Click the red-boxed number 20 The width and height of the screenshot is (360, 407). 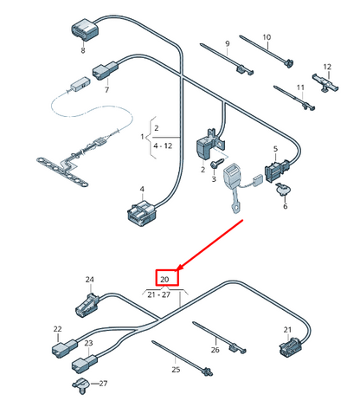click(x=164, y=280)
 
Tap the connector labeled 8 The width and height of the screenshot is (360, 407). click(x=85, y=29)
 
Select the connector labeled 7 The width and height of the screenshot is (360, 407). click(x=105, y=70)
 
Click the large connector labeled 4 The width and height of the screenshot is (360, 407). click(x=141, y=213)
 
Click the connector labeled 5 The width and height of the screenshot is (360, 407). click(x=276, y=171)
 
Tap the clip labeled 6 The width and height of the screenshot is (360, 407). click(x=283, y=189)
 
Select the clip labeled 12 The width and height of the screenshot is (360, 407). click(x=325, y=82)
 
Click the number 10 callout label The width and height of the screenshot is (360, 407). click(x=267, y=37)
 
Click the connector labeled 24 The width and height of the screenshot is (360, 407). click(x=87, y=305)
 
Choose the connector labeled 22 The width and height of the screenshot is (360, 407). click(x=65, y=347)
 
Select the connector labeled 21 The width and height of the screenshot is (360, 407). click(x=291, y=346)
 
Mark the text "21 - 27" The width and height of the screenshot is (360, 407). click(x=158, y=294)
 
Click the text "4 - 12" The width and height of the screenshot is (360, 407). click(x=163, y=145)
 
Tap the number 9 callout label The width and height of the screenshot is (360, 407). click(x=228, y=43)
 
